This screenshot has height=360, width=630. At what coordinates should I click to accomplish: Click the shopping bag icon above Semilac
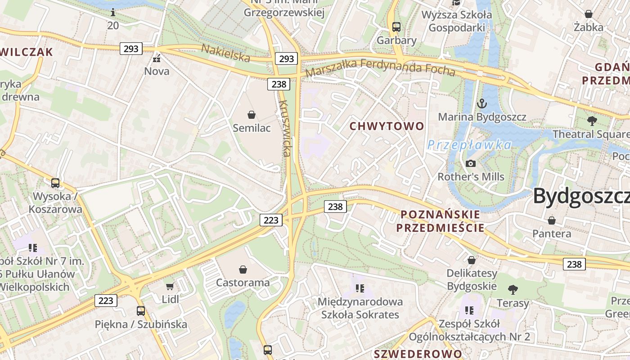click(x=252, y=115)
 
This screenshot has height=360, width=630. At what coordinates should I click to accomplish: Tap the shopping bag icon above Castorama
click(x=243, y=270)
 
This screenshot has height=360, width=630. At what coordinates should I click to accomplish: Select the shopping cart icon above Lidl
click(x=170, y=286)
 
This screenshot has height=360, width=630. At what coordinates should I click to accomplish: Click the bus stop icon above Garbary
click(x=396, y=27)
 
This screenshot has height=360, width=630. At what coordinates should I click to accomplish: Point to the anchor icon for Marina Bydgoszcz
click(x=482, y=104)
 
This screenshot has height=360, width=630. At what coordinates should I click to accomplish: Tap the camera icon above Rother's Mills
click(x=471, y=163)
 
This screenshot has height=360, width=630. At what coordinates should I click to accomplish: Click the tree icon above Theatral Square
click(x=592, y=121)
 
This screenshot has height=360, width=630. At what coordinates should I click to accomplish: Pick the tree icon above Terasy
click(x=513, y=289)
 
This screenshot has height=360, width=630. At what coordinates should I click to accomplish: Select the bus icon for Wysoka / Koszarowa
click(x=55, y=183)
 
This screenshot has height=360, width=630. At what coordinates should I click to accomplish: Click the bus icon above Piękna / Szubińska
click(x=141, y=310)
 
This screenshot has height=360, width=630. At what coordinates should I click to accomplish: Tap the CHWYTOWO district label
click(x=387, y=126)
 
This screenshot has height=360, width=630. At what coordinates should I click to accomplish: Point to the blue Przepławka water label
click(x=469, y=145)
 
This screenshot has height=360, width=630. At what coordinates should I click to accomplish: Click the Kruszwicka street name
click(x=285, y=128)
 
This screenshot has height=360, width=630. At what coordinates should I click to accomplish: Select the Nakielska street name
click(x=225, y=53)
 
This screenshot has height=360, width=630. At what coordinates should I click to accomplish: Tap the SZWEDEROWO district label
click(x=418, y=354)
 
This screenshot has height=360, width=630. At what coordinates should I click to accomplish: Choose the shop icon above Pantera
click(x=551, y=220)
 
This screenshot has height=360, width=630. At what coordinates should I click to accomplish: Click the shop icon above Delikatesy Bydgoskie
click(x=471, y=260)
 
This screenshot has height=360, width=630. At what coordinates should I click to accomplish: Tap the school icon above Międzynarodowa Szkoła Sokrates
click(x=360, y=288)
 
